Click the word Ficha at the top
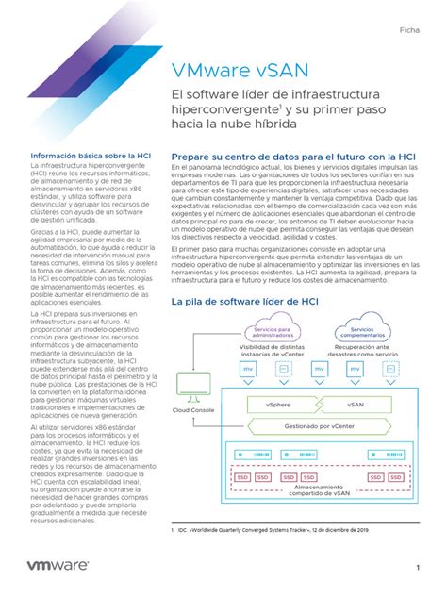pos(411,29)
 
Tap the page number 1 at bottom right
pos(416,567)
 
